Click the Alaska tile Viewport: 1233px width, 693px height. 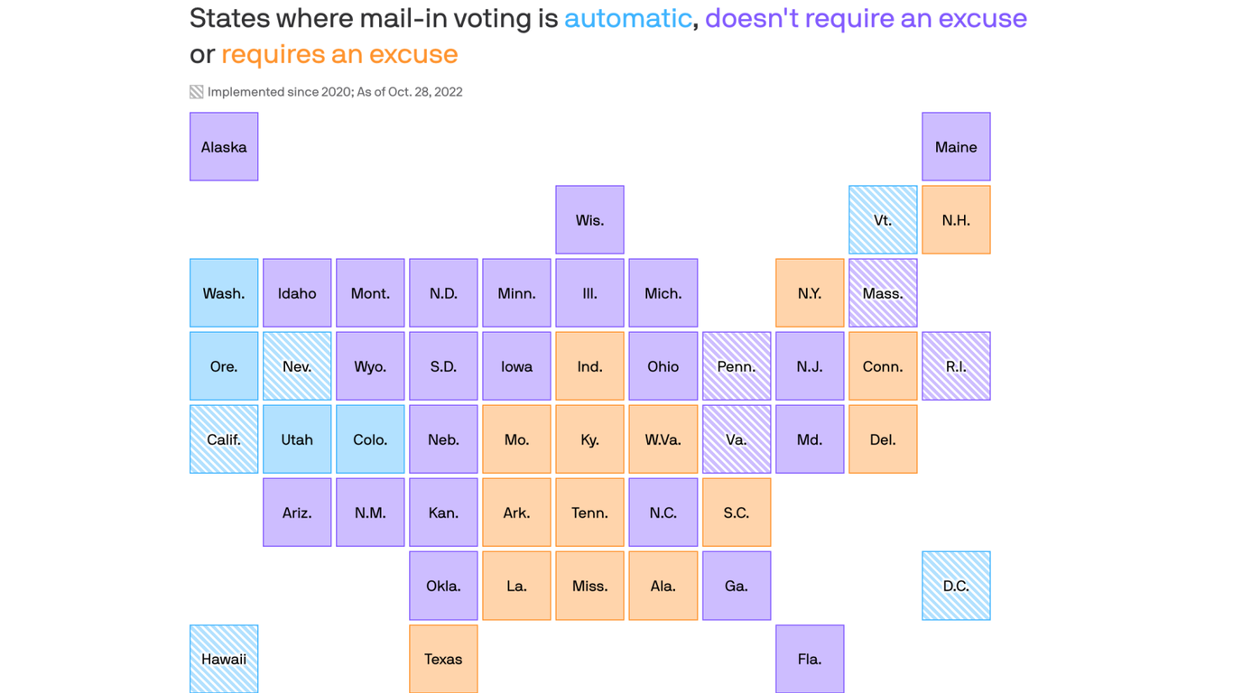tap(224, 146)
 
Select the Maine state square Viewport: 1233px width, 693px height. tap(956, 146)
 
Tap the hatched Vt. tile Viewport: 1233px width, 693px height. tap(883, 219)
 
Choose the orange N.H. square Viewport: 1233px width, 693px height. tap(956, 219)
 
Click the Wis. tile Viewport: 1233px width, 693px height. tap(589, 219)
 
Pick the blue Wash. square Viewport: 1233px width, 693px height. tap(224, 292)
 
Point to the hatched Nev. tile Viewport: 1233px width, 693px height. tap(297, 365)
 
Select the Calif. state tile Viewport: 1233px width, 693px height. tap(224, 439)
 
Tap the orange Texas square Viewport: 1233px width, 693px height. tap(443, 658)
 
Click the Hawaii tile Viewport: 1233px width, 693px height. tap(224, 658)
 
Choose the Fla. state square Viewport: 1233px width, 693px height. tap(810, 658)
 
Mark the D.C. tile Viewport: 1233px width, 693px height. tap(956, 585)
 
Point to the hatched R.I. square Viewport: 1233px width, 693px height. tap(956, 365)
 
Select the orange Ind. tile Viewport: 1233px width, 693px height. tap(589, 365)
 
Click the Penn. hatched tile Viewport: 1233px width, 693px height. tap(737, 365)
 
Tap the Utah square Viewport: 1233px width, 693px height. tap(297, 439)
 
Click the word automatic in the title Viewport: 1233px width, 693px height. tap(627, 18)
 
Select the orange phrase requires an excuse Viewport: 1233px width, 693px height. tap(339, 54)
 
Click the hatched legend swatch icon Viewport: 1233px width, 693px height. tap(196, 92)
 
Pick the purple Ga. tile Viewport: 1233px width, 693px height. tap(737, 585)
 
